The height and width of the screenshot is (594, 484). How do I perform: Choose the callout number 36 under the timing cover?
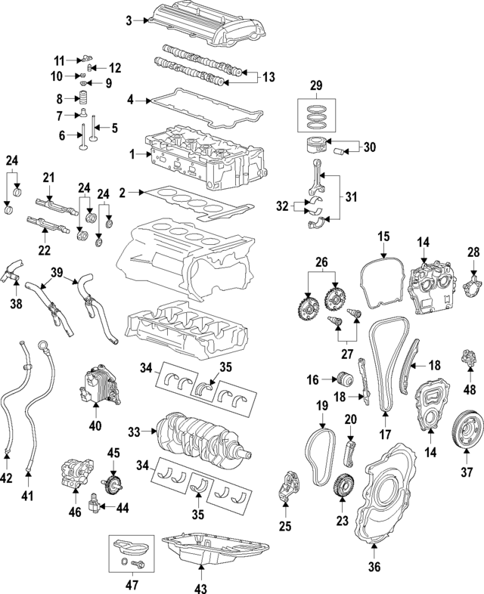[x=375, y=566]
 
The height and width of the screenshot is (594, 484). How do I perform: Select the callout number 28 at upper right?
[x=474, y=251]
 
